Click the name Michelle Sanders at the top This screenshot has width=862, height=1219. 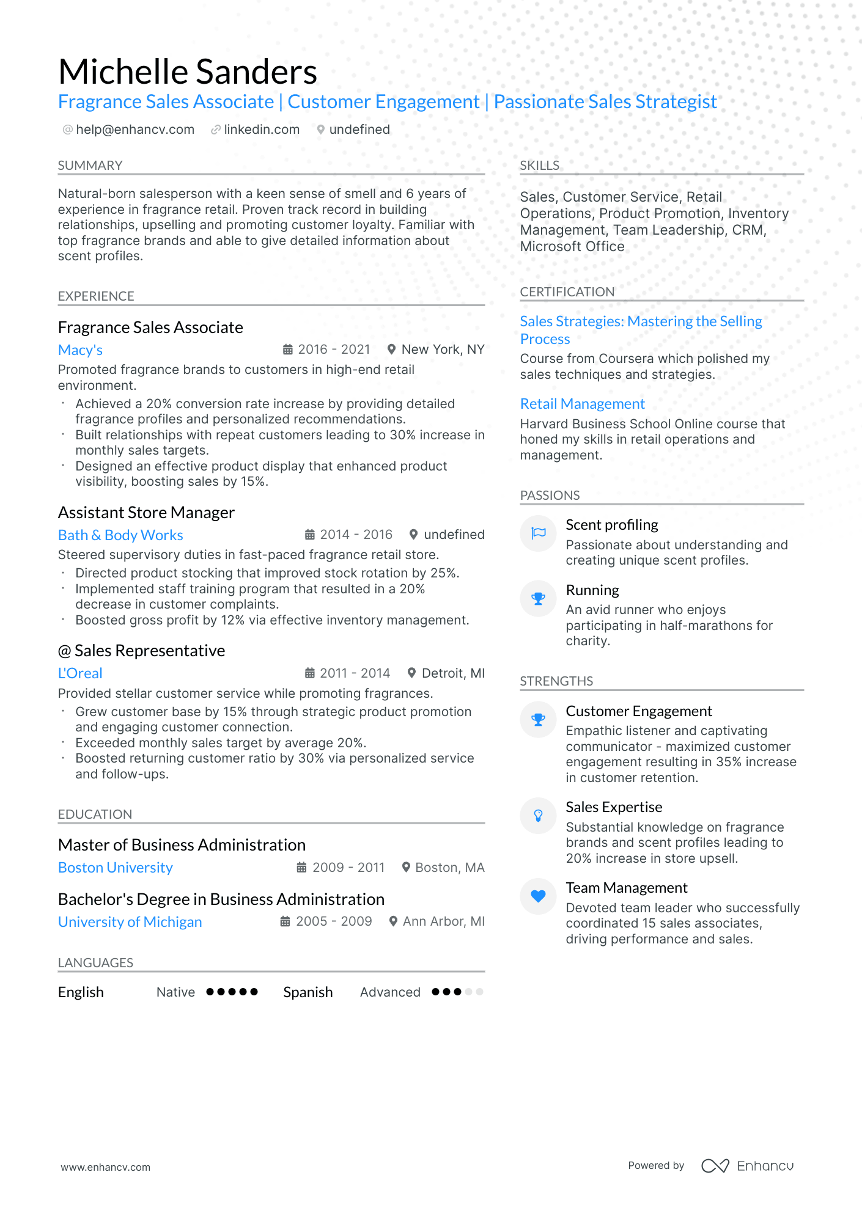[x=188, y=71]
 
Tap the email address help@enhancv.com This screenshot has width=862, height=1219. [x=135, y=130]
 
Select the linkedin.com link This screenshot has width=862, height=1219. [x=262, y=130]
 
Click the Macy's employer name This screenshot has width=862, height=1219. [x=80, y=350]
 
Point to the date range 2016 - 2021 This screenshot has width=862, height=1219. [x=334, y=350]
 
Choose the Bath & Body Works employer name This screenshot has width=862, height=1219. [x=120, y=535]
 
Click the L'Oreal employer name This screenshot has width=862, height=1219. [x=80, y=673]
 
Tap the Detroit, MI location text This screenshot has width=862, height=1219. [x=453, y=673]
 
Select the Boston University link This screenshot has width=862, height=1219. [x=116, y=868]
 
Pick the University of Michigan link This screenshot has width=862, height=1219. [x=130, y=922]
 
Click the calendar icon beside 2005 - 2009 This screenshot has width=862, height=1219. [x=285, y=921]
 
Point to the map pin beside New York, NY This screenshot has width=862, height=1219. [x=391, y=350]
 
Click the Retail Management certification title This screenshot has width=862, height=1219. [x=582, y=404]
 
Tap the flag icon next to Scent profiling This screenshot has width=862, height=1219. [x=538, y=533]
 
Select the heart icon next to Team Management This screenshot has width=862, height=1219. [x=538, y=896]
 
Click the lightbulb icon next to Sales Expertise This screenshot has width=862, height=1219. [x=538, y=816]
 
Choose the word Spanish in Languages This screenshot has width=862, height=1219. [x=308, y=992]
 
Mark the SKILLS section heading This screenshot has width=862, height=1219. [x=539, y=166]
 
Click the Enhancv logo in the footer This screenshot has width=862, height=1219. [x=747, y=1166]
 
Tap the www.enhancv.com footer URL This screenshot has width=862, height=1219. [x=105, y=1167]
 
